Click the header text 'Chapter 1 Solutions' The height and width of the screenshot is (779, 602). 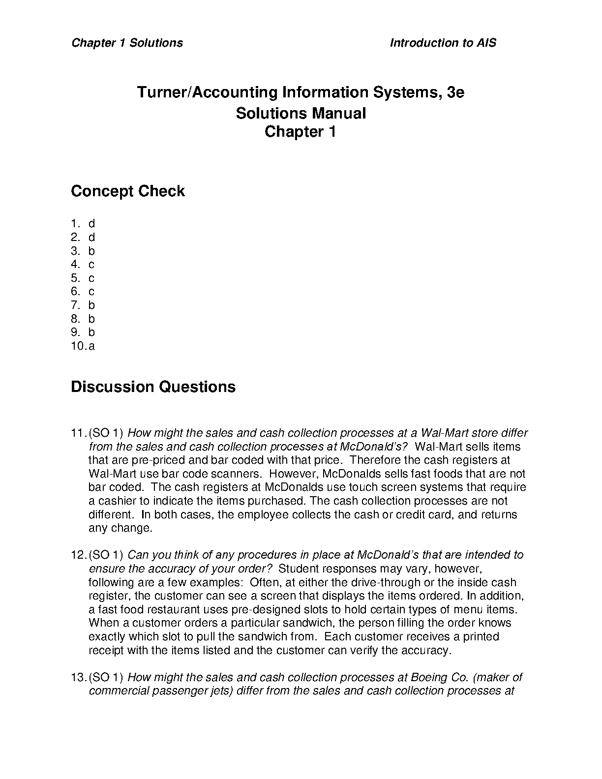coord(127,43)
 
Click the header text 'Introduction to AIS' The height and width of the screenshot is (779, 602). coord(443,43)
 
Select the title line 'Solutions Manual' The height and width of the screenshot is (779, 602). coord(301,113)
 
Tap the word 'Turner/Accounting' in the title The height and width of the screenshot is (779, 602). coord(207,92)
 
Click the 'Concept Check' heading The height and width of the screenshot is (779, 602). coord(127,191)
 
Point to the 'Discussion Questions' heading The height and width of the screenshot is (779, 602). coord(153,387)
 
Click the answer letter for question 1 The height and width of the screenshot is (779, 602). coord(91,224)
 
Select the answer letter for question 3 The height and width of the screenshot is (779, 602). coord(91,251)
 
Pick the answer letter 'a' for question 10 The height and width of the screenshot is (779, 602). coord(91,346)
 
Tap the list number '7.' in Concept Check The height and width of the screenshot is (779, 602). coord(76,305)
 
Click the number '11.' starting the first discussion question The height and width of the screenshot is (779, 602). coord(79,433)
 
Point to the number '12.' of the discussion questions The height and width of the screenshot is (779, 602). coord(79,555)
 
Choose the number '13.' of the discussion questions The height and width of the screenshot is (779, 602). coord(79,677)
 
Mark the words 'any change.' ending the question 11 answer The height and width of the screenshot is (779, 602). coord(120,528)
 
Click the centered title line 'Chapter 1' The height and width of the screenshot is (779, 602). coord(300,132)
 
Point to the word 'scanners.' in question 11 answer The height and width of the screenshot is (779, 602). coord(236,474)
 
